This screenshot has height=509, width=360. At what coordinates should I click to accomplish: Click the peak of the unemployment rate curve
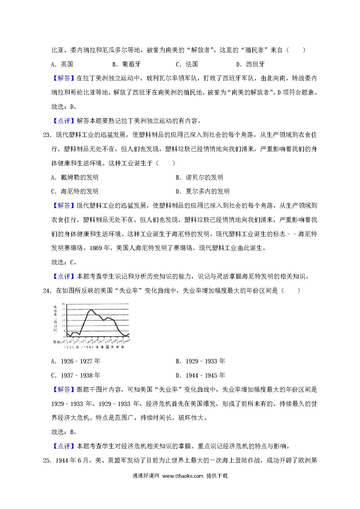(91, 310)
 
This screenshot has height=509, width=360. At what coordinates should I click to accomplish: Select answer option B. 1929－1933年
(200, 361)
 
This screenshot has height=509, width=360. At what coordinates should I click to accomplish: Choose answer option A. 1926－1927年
(75, 361)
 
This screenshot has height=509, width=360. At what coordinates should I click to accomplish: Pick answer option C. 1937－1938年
(75, 376)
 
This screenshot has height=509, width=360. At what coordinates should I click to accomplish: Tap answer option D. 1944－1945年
(200, 376)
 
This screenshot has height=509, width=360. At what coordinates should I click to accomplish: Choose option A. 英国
(62, 64)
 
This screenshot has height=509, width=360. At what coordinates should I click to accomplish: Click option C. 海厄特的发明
(75, 192)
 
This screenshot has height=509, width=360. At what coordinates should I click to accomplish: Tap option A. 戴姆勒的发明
(75, 177)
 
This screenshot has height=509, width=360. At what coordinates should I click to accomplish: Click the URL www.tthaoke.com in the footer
(183, 476)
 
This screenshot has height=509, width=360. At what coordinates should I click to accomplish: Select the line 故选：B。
(64, 432)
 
